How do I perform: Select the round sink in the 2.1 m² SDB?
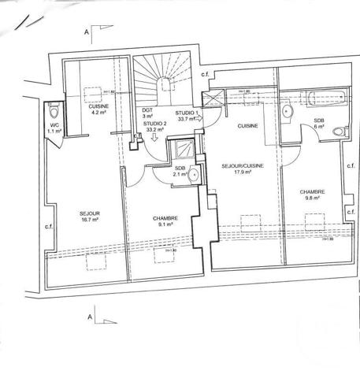point(193,176)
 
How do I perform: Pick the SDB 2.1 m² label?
point(180,172)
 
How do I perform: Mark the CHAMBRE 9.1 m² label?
point(165,222)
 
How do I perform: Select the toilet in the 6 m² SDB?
point(339,131)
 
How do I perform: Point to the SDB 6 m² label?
point(318,124)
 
